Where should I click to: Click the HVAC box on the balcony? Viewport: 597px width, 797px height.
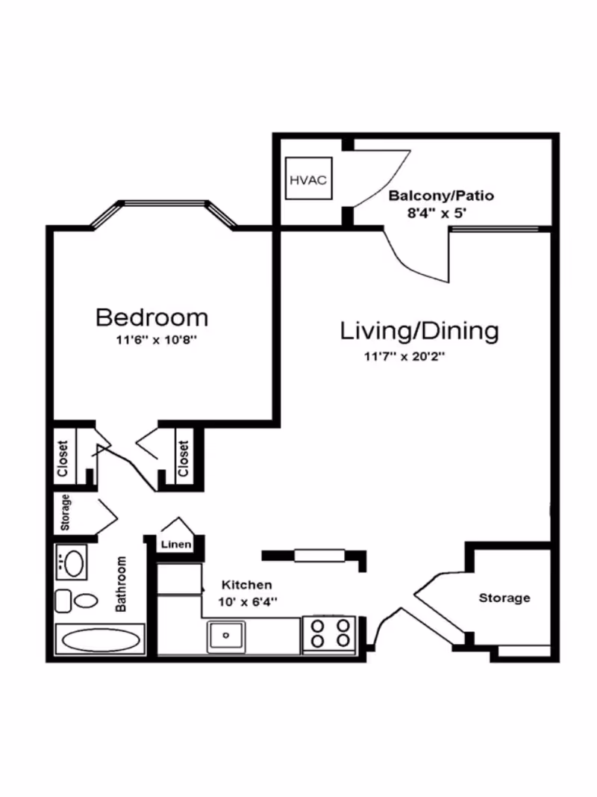(308, 179)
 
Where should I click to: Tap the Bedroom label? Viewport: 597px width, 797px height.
(151, 317)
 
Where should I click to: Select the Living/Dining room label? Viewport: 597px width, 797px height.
(419, 330)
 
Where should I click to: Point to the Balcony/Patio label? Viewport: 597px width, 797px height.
(441, 196)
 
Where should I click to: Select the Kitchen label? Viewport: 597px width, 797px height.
(247, 585)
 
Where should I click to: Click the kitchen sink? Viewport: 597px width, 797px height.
(226, 636)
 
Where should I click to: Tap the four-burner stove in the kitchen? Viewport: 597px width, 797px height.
(328, 633)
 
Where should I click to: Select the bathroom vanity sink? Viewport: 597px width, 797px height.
(72, 562)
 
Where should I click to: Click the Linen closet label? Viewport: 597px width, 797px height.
(176, 545)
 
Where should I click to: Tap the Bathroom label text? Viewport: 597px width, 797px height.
(121, 584)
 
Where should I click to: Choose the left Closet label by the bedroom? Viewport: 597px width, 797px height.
(63, 459)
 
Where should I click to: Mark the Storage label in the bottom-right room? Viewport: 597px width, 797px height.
(504, 598)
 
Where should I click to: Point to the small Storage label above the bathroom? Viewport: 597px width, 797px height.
(65, 512)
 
